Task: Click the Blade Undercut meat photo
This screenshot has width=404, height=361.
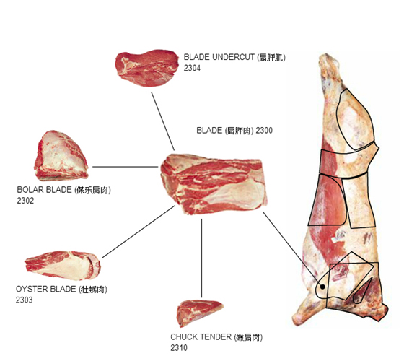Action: [146, 68]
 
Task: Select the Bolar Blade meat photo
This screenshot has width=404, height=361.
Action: [61, 155]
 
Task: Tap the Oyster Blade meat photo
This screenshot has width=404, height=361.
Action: [63, 266]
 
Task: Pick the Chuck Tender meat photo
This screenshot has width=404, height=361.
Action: [200, 313]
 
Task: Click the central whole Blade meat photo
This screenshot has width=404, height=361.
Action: [214, 184]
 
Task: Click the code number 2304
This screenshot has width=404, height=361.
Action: [192, 68]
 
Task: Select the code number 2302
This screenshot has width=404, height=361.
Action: [25, 201]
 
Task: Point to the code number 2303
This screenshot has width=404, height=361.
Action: [25, 300]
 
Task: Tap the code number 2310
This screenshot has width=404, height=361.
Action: [179, 347]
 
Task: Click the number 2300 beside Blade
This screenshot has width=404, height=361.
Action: [264, 131]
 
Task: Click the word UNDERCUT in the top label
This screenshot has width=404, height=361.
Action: [233, 57]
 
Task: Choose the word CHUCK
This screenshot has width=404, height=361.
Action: [184, 336]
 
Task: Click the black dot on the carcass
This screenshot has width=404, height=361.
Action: [322, 287]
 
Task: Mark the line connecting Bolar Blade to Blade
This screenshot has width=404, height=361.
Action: [126, 167]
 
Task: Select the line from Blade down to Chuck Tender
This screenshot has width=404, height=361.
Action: [201, 258]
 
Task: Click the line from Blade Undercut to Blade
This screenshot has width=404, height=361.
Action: [163, 121]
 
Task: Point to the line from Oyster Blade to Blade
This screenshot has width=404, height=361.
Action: [139, 231]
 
